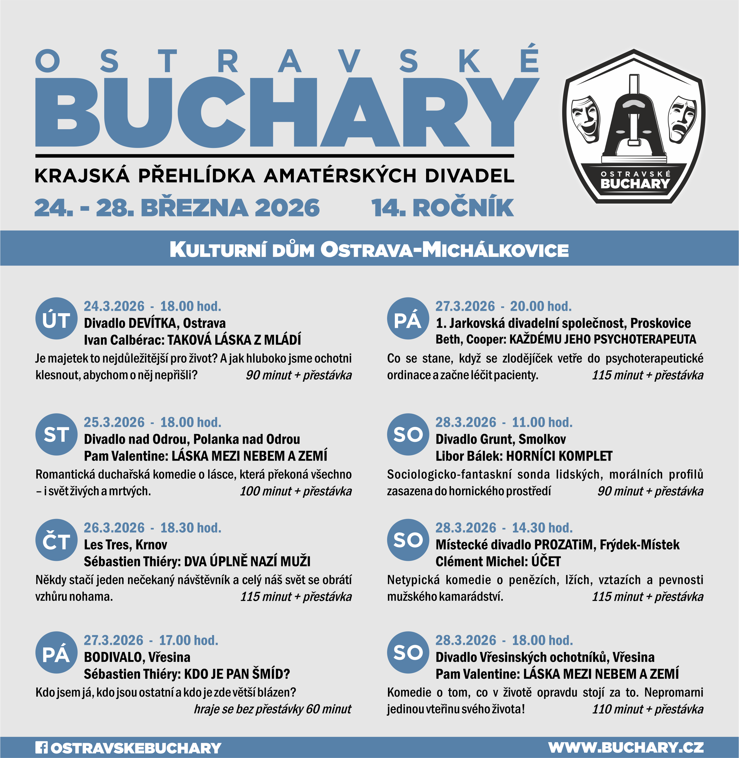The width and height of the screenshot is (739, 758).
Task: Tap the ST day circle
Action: coord(56,435)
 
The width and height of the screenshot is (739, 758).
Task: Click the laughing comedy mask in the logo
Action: coord(585,119)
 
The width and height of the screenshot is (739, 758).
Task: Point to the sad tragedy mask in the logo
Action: coord(682,119)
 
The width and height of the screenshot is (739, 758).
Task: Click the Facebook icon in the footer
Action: coord(41,748)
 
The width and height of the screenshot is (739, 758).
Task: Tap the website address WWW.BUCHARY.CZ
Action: coord(626,748)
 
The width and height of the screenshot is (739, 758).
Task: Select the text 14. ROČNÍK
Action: coord(442,208)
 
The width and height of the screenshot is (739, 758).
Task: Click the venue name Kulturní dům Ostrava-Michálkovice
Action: coord(369,249)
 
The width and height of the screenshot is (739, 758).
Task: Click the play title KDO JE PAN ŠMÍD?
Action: coord(237,674)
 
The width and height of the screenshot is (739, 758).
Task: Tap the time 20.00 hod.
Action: coord(541,307)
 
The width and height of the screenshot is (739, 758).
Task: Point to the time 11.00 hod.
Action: coord(542,422)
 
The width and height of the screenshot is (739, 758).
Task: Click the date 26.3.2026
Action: coord(114,528)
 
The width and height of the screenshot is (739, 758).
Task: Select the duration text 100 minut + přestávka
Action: coord(296,491)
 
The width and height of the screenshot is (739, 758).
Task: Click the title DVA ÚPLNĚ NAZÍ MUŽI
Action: coord(247,562)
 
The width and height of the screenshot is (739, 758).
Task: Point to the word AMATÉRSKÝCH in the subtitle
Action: coord(340,176)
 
